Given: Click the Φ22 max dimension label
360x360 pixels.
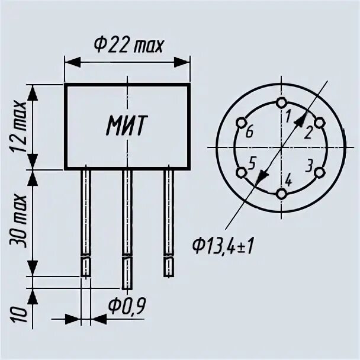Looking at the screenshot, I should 128,44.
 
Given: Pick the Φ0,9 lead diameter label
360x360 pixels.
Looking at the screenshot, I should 127,306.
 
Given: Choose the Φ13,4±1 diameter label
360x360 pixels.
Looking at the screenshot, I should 223,243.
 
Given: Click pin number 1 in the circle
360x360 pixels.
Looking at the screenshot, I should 288,117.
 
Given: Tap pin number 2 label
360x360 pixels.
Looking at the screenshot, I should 308,133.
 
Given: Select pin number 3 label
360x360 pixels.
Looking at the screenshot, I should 309,164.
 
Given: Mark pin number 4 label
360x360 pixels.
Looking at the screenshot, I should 288,179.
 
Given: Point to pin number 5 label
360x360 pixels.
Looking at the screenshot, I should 253,163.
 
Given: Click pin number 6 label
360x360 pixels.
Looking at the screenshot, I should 249,133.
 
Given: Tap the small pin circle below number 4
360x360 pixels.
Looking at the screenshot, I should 281,194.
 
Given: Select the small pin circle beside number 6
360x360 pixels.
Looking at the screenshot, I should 241,123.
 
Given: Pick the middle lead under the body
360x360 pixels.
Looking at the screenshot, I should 127,225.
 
